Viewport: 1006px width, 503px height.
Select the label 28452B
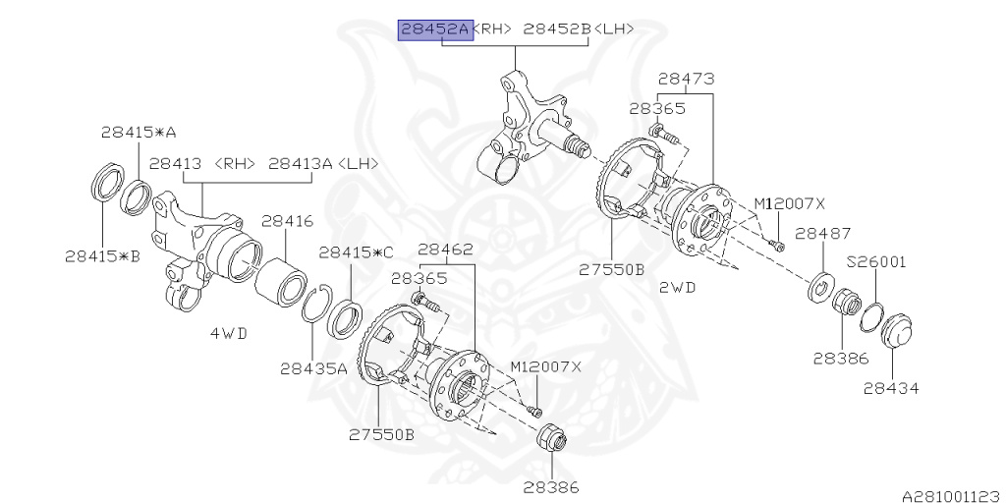[557, 29]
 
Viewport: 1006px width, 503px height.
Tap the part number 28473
[686, 79]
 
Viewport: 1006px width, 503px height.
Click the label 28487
[822, 233]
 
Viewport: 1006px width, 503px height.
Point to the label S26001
[876, 262]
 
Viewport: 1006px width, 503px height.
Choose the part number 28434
[891, 388]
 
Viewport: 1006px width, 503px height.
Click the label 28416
[287, 222]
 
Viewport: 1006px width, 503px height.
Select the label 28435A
[313, 369]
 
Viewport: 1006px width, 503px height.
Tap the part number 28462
[446, 250]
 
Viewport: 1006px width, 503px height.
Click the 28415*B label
[102, 255]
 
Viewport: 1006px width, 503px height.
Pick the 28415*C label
[356, 252]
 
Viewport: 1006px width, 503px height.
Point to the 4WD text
[228, 334]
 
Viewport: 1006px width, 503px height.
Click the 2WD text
[678, 288]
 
